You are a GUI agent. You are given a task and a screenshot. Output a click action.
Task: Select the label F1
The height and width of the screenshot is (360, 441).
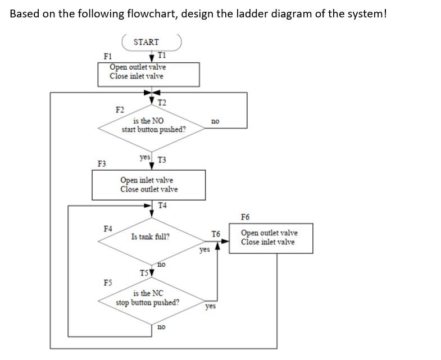108,56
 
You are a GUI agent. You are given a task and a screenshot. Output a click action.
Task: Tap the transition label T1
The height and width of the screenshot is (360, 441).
162,55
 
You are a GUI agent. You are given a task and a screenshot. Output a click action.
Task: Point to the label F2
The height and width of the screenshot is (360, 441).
120,108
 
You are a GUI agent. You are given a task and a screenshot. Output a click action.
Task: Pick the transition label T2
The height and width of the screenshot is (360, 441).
162,102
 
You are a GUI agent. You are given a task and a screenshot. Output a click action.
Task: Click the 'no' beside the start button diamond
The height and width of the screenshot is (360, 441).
215,121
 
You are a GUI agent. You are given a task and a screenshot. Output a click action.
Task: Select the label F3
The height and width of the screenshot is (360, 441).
102,164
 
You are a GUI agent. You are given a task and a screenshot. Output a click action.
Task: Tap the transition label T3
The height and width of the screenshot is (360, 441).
162,160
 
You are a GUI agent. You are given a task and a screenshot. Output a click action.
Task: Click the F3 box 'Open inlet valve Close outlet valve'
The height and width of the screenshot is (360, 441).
149,185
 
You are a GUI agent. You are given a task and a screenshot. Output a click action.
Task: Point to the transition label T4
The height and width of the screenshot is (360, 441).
163,205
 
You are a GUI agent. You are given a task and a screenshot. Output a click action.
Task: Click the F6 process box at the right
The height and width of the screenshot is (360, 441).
270,238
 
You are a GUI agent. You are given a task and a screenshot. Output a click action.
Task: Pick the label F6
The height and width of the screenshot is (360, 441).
245,217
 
